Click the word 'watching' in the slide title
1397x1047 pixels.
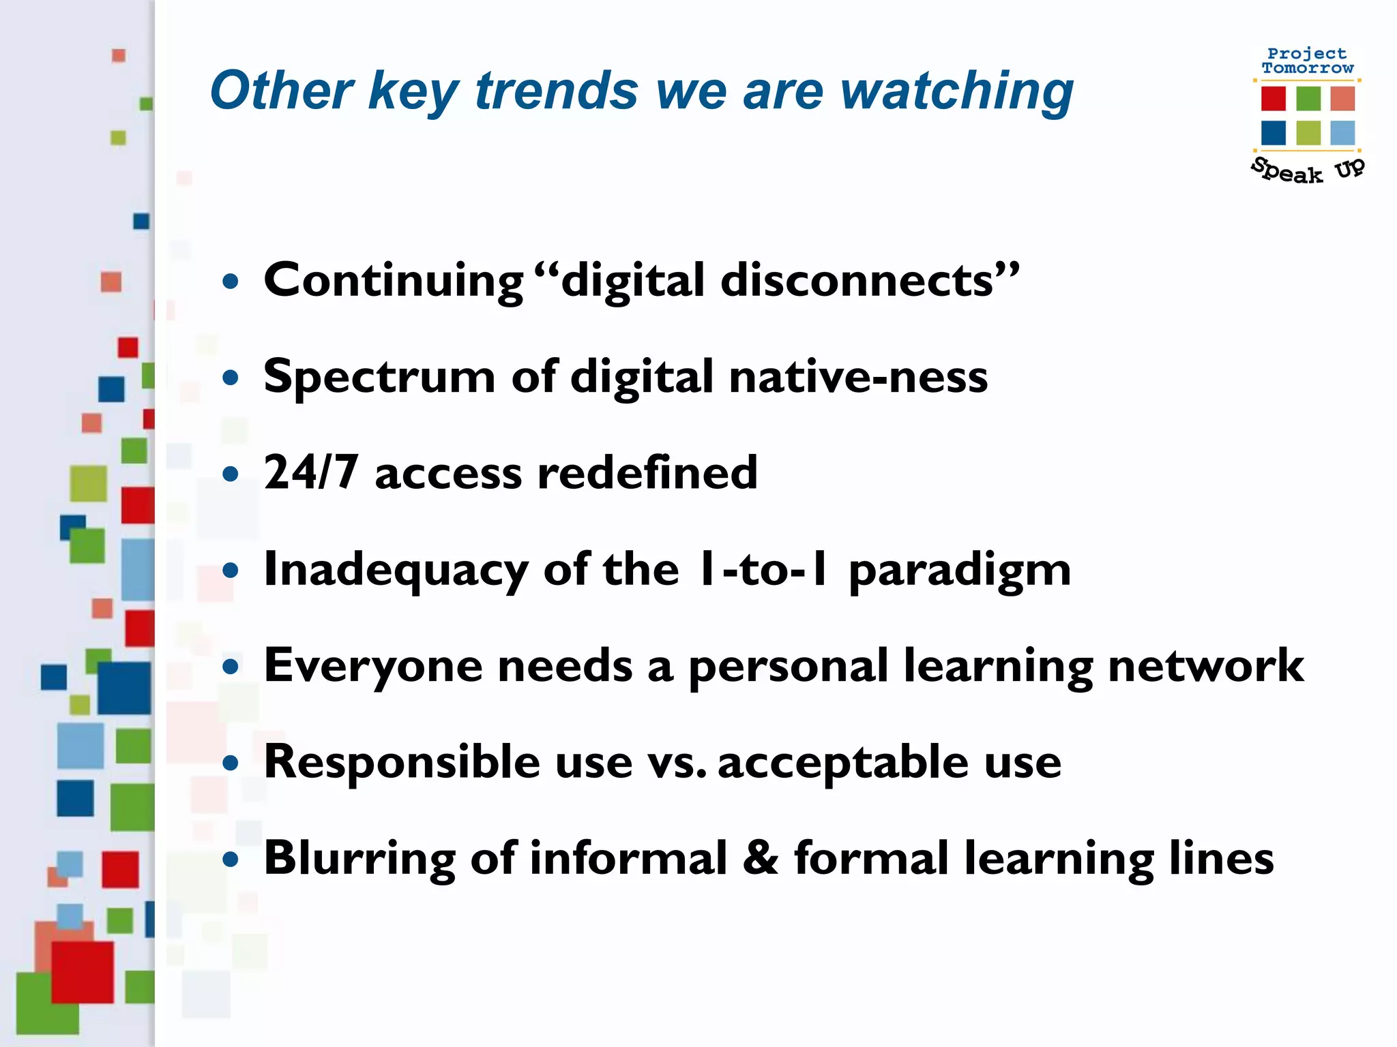pyautogui.click(x=957, y=91)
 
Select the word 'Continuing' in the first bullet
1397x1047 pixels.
pyautogui.click(x=394, y=281)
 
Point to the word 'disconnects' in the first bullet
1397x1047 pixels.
pyautogui.click(x=857, y=281)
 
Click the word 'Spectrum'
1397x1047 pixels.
pyautogui.click(x=379, y=377)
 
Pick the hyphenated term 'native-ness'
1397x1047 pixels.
pyautogui.click(x=858, y=377)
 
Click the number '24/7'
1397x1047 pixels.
pyautogui.click(x=311, y=472)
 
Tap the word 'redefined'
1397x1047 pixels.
pyautogui.click(x=647, y=472)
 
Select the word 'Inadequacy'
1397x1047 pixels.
pyautogui.click(x=396, y=571)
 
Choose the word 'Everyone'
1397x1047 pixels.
pyautogui.click(x=373, y=666)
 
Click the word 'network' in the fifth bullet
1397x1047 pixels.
pyautogui.click(x=1206, y=666)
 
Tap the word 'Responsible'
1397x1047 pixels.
pyautogui.click(x=402, y=762)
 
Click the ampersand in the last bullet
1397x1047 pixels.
pyautogui.click(x=760, y=858)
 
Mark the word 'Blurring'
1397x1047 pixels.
pyautogui.click(x=359, y=859)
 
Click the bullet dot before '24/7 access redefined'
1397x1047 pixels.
pyautogui.click(x=231, y=474)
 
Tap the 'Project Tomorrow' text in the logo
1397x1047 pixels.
pyautogui.click(x=1307, y=61)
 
